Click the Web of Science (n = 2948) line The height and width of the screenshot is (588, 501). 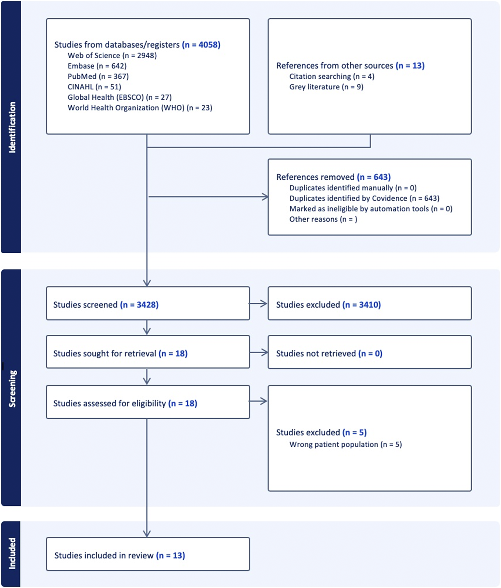(112, 55)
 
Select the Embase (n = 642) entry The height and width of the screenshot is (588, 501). (97, 66)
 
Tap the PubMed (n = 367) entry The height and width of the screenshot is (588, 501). (98, 76)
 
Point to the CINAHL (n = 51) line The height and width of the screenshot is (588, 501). (94, 87)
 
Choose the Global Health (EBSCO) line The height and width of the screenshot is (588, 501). (119, 97)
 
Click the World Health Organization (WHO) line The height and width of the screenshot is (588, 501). (140, 108)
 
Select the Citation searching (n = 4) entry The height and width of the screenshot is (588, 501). (332, 76)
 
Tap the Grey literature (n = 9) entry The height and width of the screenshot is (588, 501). (326, 87)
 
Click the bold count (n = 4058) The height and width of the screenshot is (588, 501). (201, 45)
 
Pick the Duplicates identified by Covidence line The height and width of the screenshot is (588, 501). (364, 198)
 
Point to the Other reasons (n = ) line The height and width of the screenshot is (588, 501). (323, 219)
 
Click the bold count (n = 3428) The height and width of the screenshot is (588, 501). (139, 305)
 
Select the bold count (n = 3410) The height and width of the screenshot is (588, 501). (362, 305)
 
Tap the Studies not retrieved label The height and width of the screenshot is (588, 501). (316, 354)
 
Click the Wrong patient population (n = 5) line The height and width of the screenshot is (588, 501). (345, 444)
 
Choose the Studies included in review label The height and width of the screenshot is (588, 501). (104, 556)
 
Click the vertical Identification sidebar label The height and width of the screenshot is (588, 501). (12, 127)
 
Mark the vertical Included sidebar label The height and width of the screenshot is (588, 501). (12, 553)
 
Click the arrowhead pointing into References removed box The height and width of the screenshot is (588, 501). (265, 197)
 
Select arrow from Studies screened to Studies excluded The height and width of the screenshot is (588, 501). (258, 304)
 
